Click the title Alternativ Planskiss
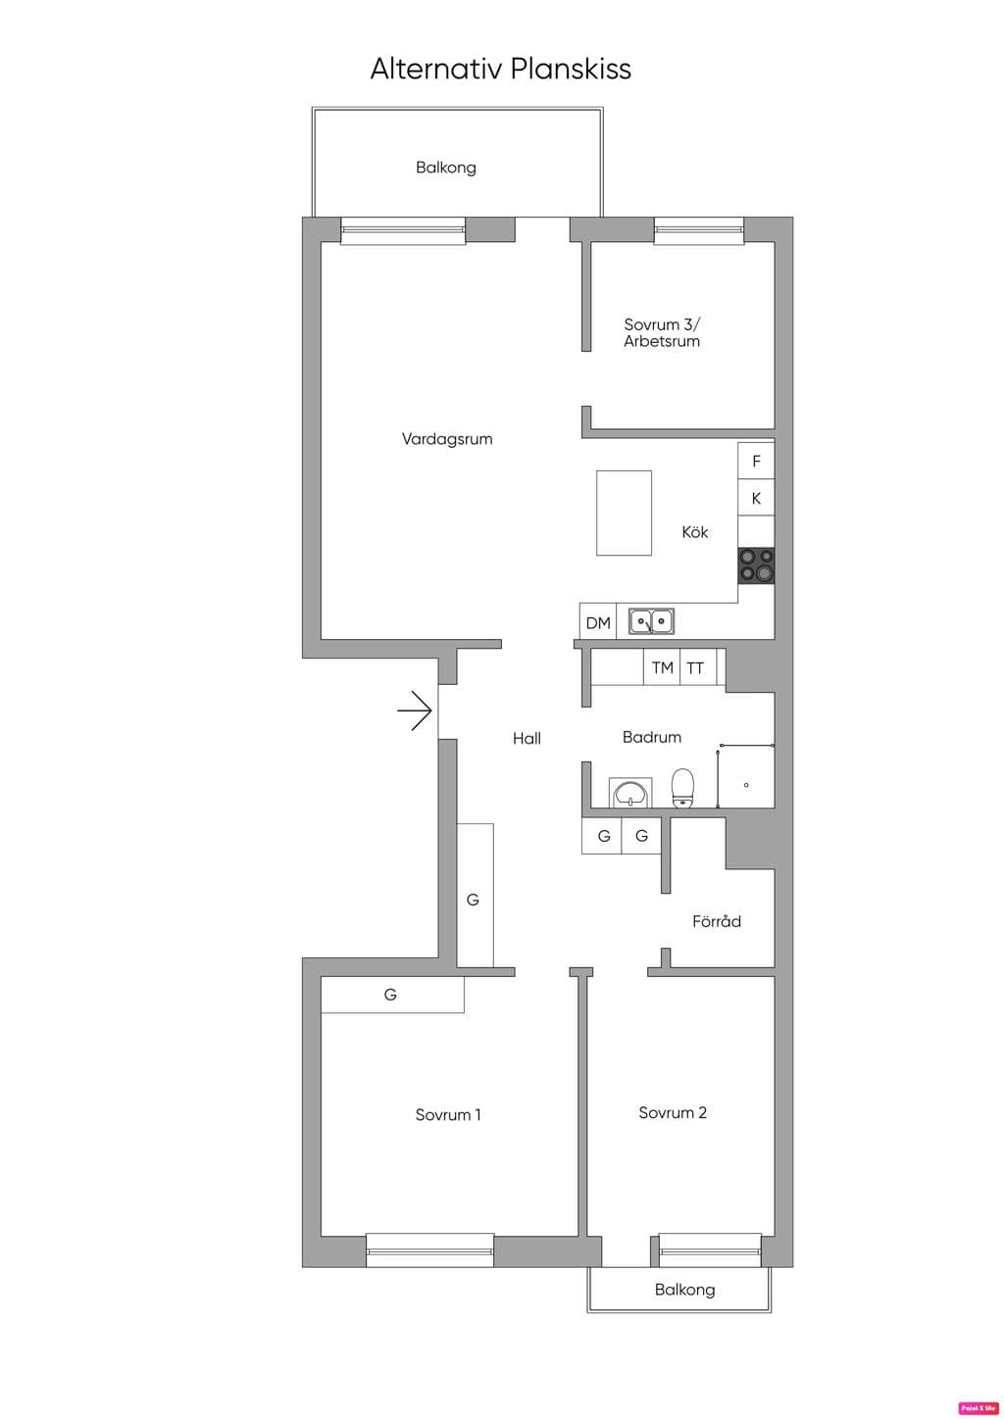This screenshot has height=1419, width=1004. tap(501, 69)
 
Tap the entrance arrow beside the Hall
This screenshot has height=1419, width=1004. tap(415, 710)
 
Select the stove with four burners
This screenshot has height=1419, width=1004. tap(756, 565)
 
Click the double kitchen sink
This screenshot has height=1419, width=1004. tap(652, 621)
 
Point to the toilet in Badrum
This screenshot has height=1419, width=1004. tap(682, 788)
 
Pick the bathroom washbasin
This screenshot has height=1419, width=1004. tap(630, 793)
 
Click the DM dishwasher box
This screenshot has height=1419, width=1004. tap(598, 621)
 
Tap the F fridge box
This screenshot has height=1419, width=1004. tap(756, 461)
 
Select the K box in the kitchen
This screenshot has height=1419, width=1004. tap(756, 498)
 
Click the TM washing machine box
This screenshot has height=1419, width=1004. tap(662, 667)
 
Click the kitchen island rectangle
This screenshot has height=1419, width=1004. tap(624, 514)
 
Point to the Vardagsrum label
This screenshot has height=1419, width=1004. tap(447, 439)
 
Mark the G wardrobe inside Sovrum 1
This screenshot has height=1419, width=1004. tap(392, 995)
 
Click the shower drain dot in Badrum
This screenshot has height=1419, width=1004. tap(747, 785)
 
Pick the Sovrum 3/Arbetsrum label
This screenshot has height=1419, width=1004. tap(662, 332)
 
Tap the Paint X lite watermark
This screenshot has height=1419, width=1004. tap(978, 1408)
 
